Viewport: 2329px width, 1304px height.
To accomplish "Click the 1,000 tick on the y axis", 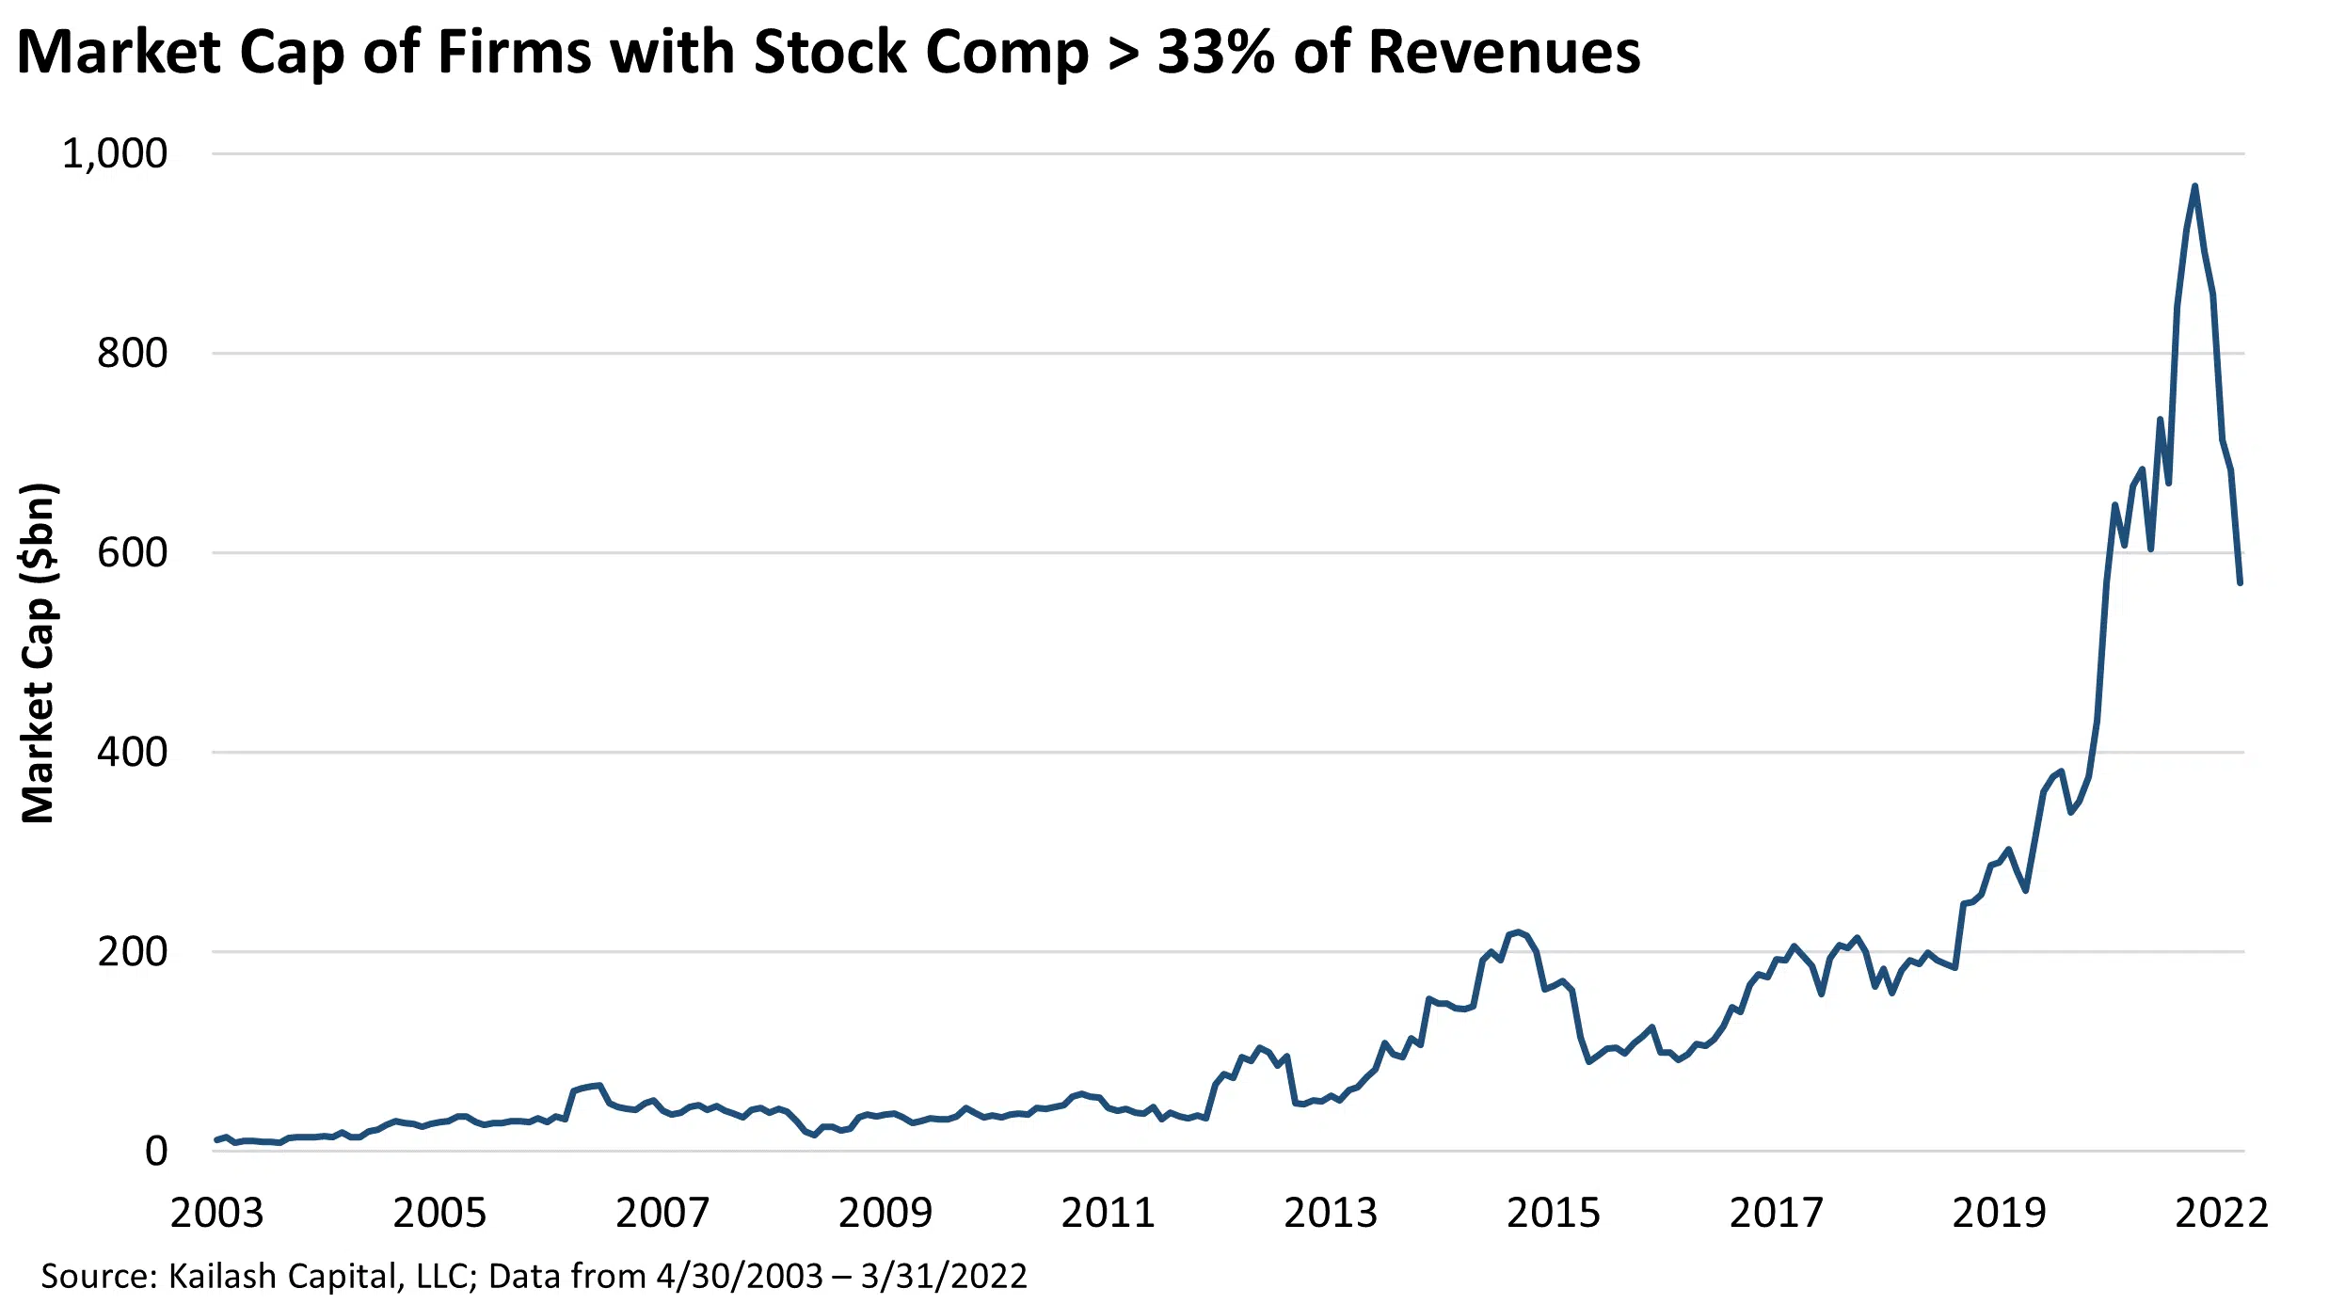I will click(x=114, y=153).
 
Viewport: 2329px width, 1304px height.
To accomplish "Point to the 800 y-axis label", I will click(x=132, y=354).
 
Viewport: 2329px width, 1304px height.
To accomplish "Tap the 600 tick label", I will click(x=132, y=552).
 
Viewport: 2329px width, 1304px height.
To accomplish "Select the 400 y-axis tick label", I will click(x=132, y=752).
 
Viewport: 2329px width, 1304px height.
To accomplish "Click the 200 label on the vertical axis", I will click(x=132, y=952).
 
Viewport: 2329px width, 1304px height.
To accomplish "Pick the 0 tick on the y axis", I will click(x=156, y=1152).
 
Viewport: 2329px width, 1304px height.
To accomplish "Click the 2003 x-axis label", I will click(x=216, y=1213).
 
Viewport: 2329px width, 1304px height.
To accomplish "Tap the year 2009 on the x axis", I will click(x=885, y=1213).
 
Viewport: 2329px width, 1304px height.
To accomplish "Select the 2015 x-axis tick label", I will click(x=1553, y=1213).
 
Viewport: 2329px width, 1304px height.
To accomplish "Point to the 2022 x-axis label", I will click(x=2221, y=1213).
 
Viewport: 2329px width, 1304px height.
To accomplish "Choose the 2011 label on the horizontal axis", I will click(x=1108, y=1213).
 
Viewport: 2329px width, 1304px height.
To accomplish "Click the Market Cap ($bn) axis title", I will click(x=40, y=653).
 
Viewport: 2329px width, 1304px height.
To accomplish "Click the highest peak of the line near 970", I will click(x=2194, y=186).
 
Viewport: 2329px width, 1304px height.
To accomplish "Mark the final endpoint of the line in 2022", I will click(x=2240, y=583).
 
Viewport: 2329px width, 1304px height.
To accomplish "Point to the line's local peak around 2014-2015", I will click(x=1518, y=931).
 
